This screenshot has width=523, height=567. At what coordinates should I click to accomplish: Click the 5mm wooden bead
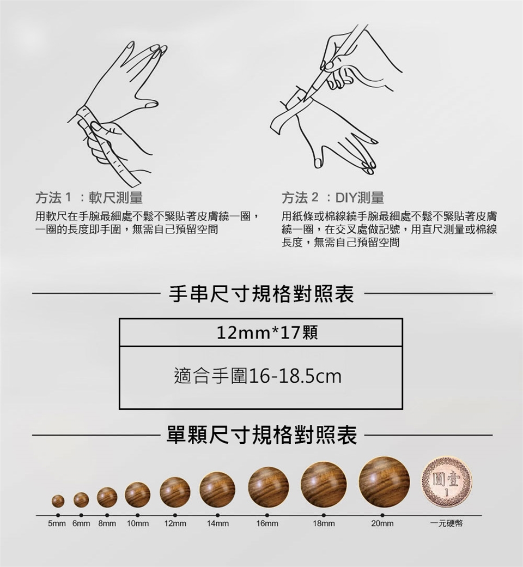(x=58, y=501)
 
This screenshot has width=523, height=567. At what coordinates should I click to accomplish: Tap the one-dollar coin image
(x=447, y=482)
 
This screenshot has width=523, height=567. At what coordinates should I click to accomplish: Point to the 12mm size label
(x=175, y=523)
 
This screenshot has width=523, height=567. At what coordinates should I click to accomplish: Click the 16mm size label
(x=267, y=523)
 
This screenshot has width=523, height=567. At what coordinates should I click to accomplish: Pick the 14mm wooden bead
(x=217, y=490)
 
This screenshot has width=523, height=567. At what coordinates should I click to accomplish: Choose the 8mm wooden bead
(x=107, y=497)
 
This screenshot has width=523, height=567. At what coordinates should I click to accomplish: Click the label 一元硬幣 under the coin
(x=446, y=523)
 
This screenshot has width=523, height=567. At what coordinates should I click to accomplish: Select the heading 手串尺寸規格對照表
(x=261, y=294)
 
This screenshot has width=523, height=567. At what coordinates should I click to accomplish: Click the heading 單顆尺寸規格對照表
(x=261, y=435)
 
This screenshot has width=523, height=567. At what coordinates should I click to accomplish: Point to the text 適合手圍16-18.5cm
(x=258, y=376)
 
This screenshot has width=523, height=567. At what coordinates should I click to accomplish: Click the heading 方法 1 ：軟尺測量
(x=89, y=198)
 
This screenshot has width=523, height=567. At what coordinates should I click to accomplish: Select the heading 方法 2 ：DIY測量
(x=333, y=198)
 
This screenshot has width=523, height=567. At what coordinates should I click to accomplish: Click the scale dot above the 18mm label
(x=324, y=515)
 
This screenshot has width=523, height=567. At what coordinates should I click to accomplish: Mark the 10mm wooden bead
(x=137, y=494)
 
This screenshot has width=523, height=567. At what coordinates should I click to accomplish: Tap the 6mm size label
(x=81, y=523)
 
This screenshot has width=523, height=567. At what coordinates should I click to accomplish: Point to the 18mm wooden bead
(x=324, y=485)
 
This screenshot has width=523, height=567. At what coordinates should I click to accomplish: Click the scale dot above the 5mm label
(x=58, y=515)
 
